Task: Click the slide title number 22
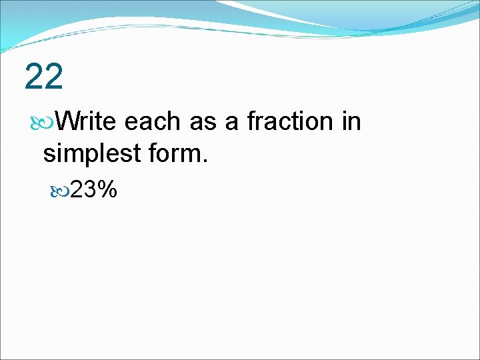click(44, 77)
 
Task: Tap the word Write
click(87, 121)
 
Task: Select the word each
click(152, 121)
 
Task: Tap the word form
click(177, 153)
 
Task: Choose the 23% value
click(94, 190)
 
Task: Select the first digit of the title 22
click(34, 77)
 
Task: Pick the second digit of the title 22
click(54, 77)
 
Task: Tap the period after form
click(205, 161)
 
